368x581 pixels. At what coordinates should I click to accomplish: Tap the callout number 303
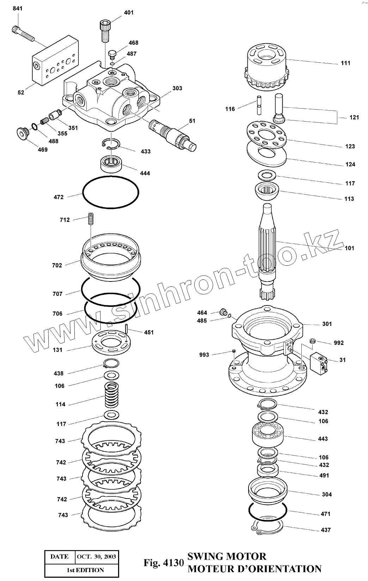177,88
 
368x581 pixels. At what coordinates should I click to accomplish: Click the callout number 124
350,164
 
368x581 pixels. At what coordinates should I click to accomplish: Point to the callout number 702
57,265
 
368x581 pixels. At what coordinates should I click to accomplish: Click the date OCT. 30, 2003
96,557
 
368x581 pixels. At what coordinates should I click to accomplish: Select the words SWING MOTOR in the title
227,556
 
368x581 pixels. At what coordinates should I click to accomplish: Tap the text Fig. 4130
164,562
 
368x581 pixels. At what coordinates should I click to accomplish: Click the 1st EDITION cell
86,570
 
